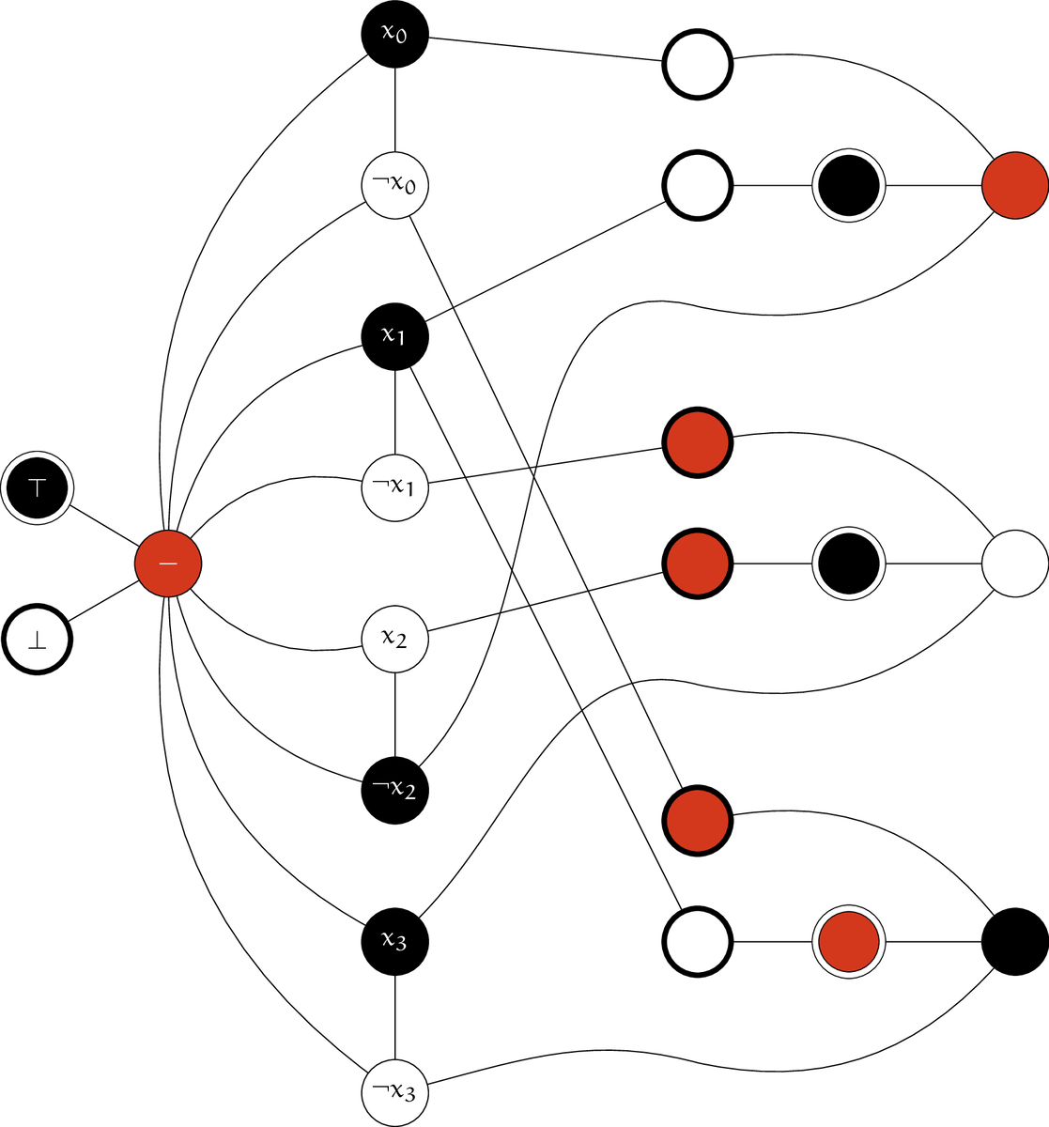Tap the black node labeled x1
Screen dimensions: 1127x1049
394,335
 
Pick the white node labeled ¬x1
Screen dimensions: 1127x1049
394,486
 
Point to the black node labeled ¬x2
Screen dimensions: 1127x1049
394,789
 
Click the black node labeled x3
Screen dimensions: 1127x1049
394,940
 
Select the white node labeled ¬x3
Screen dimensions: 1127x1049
394,1092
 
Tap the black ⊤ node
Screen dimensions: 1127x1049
38,486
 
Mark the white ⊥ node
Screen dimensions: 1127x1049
38,641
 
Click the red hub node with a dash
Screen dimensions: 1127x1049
168,563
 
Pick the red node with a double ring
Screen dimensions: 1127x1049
849,940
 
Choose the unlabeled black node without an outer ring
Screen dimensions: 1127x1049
1014,940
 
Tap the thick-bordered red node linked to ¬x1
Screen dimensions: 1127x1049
697,441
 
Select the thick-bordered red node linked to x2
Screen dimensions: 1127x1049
697,563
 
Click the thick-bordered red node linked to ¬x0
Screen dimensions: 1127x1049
697,819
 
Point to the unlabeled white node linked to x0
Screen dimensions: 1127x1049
697,64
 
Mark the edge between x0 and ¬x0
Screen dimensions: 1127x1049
394,109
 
